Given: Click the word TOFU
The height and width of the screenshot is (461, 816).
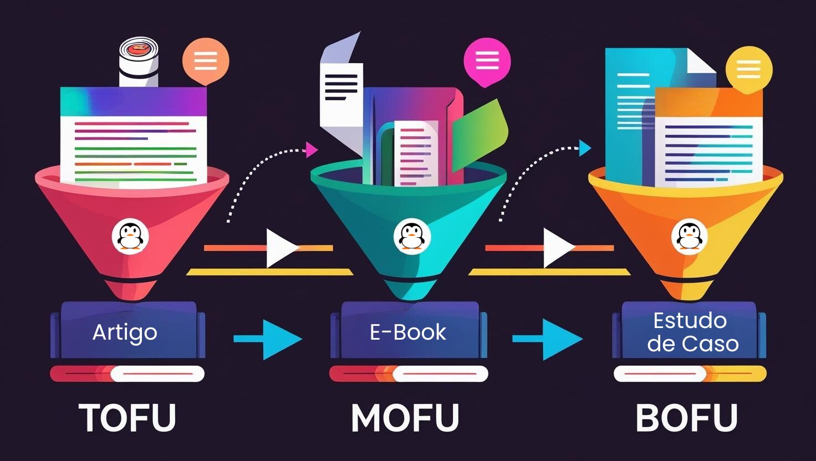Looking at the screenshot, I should click(127, 418).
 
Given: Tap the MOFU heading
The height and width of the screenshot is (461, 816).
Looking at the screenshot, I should click(405, 418).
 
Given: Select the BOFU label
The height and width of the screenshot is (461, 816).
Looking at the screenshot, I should click(686, 418).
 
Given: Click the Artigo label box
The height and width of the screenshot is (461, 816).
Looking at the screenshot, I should click(125, 332).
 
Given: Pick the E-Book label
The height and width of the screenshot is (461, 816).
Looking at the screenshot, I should click(408, 332).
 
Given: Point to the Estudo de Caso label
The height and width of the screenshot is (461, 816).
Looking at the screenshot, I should click(692, 332).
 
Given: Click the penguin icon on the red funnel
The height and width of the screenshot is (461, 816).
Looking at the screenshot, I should click(131, 236).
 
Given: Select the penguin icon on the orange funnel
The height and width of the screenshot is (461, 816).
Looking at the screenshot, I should click(690, 237).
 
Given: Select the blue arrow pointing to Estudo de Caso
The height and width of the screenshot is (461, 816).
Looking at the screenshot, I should click(548, 339).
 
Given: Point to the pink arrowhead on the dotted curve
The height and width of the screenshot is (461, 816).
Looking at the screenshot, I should click(312, 150).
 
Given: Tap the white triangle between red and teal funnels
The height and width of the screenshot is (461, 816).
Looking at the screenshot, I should click(280, 248).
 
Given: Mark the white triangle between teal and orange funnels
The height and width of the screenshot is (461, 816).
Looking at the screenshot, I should click(558, 248).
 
